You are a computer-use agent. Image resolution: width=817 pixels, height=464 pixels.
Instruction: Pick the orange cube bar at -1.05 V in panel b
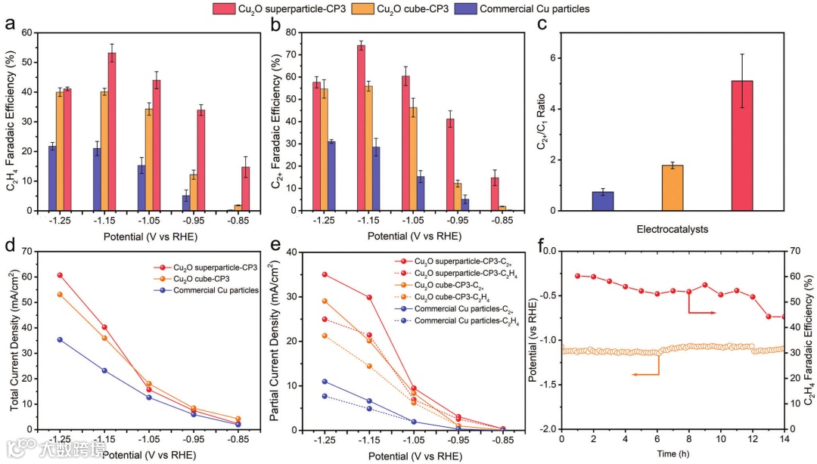point(413,159)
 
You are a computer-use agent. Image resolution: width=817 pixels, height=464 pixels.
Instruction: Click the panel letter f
point(542,246)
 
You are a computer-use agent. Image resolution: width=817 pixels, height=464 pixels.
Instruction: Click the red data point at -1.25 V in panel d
point(60,275)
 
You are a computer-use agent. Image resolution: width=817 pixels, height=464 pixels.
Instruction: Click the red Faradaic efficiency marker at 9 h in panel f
point(704,285)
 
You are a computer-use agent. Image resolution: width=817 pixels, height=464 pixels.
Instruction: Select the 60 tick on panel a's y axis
point(30,32)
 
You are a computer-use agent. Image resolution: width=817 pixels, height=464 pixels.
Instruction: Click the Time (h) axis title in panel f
point(672,455)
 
